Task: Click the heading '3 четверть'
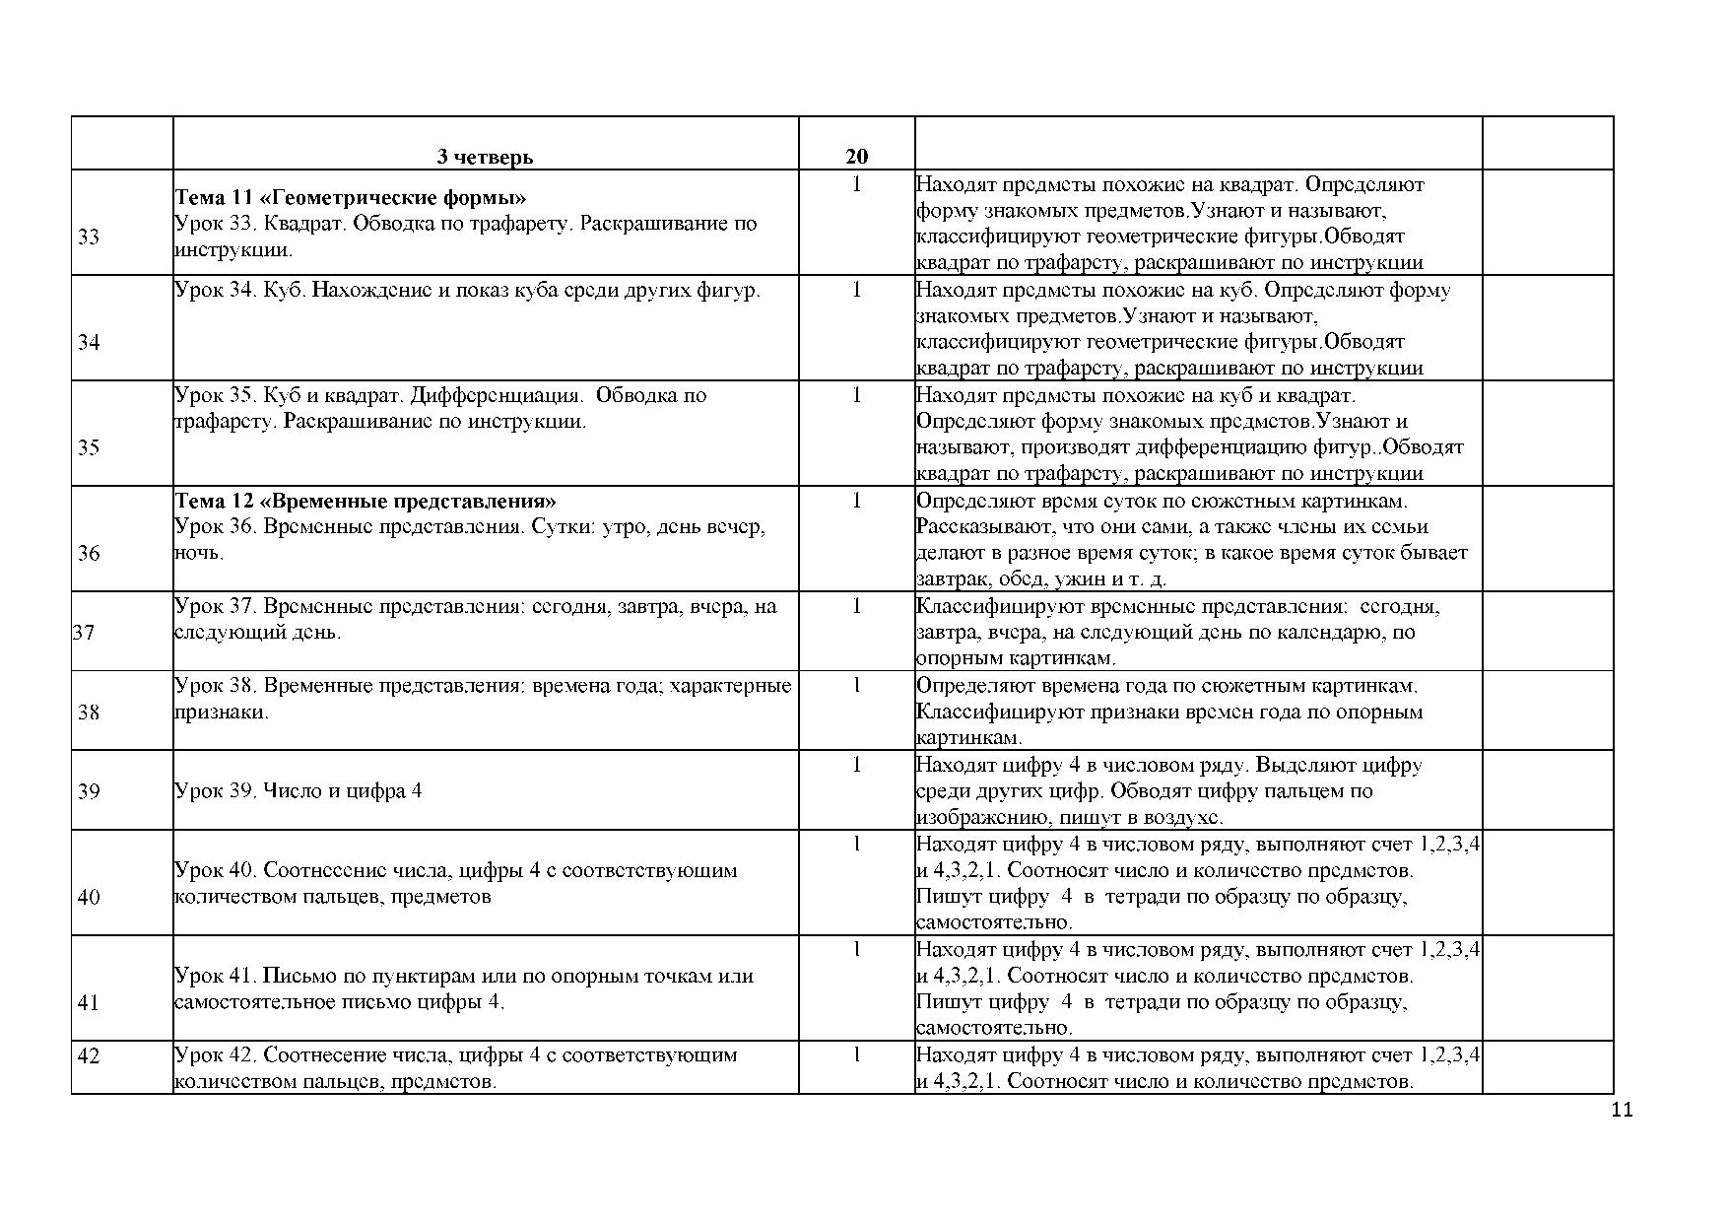click(485, 157)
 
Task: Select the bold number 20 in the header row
click(856, 157)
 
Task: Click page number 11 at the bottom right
click(1622, 1111)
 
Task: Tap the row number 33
click(89, 237)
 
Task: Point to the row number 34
click(89, 342)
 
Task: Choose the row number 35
click(89, 447)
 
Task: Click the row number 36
click(89, 553)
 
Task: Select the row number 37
click(85, 632)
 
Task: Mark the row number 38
click(89, 712)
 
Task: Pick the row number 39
click(89, 790)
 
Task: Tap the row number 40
click(89, 897)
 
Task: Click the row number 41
click(89, 1002)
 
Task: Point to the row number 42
click(89, 1055)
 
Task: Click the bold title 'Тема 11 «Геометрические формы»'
click(351, 196)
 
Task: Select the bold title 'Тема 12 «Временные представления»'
click(366, 500)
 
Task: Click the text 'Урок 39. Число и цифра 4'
click(298, 790)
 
